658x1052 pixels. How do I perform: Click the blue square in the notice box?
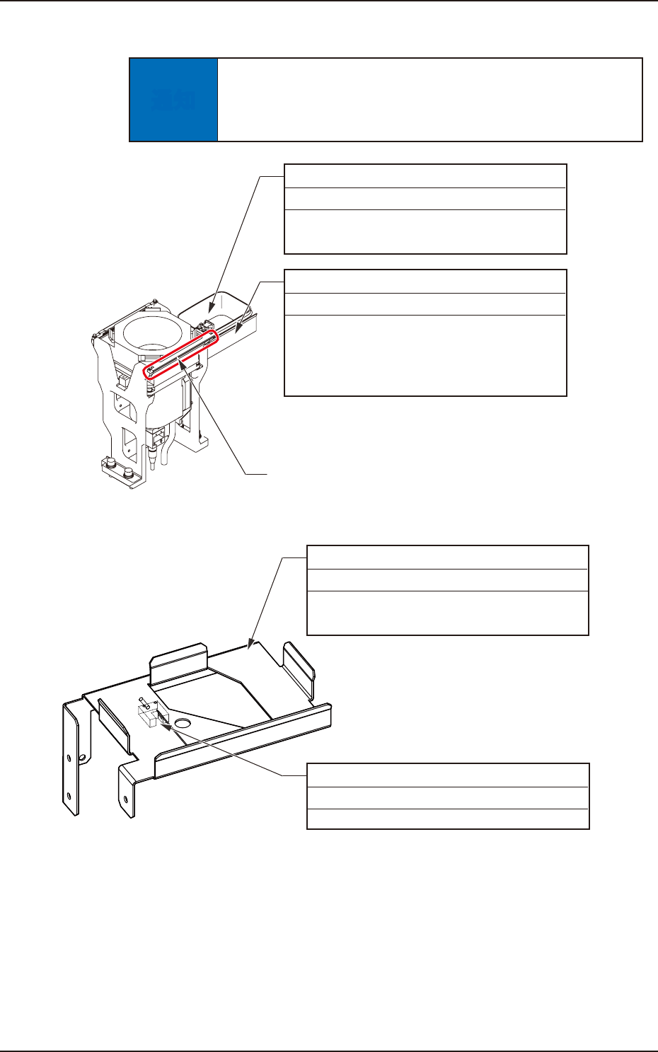click(x=174, y=100)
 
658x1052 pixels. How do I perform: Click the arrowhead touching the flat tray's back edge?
click(x=248, y=644)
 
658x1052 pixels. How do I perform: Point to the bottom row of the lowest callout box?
click(x=447, y=819)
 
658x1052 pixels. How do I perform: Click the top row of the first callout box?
click(x=425, y=175)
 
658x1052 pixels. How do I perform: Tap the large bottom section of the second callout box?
click(x=425, y=354)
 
